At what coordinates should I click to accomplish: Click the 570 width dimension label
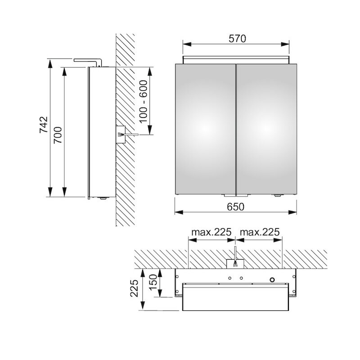(x=237, y=39)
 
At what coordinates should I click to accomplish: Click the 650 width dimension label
(x=235, y=207)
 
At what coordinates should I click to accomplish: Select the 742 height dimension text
(x=44, y=125)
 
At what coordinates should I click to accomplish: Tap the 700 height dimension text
(x=58, y=135)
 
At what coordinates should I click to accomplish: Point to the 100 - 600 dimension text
(x=143, y=101)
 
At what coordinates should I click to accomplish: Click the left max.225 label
(x=211, y=232)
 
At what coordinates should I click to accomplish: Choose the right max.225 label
(x=260, y=232)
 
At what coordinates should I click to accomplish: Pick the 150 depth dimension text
(x=154, y=283)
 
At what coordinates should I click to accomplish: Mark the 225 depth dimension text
(x=134, y=288)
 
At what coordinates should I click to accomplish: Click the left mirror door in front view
(x=206, y=129)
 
